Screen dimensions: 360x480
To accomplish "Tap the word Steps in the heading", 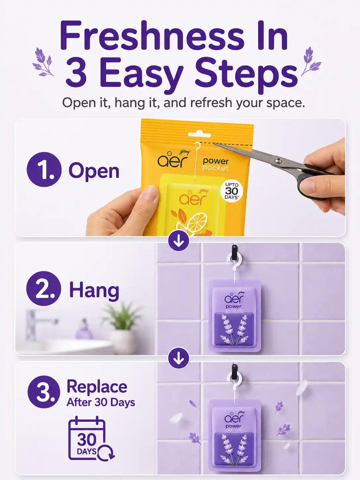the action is click(247, 74).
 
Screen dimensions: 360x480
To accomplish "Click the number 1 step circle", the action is click(44, 170).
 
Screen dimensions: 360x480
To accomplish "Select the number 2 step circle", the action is click(44, 289).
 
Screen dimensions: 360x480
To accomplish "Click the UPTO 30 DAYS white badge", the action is click(232, 191).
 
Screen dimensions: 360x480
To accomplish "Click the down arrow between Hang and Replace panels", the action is click(179, 358).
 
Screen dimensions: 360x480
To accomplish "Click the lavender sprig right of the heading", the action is click(311, 61).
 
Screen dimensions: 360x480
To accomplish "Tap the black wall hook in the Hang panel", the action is click(234, 253).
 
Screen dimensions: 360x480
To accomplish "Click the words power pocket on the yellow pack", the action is click(215, 164).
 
